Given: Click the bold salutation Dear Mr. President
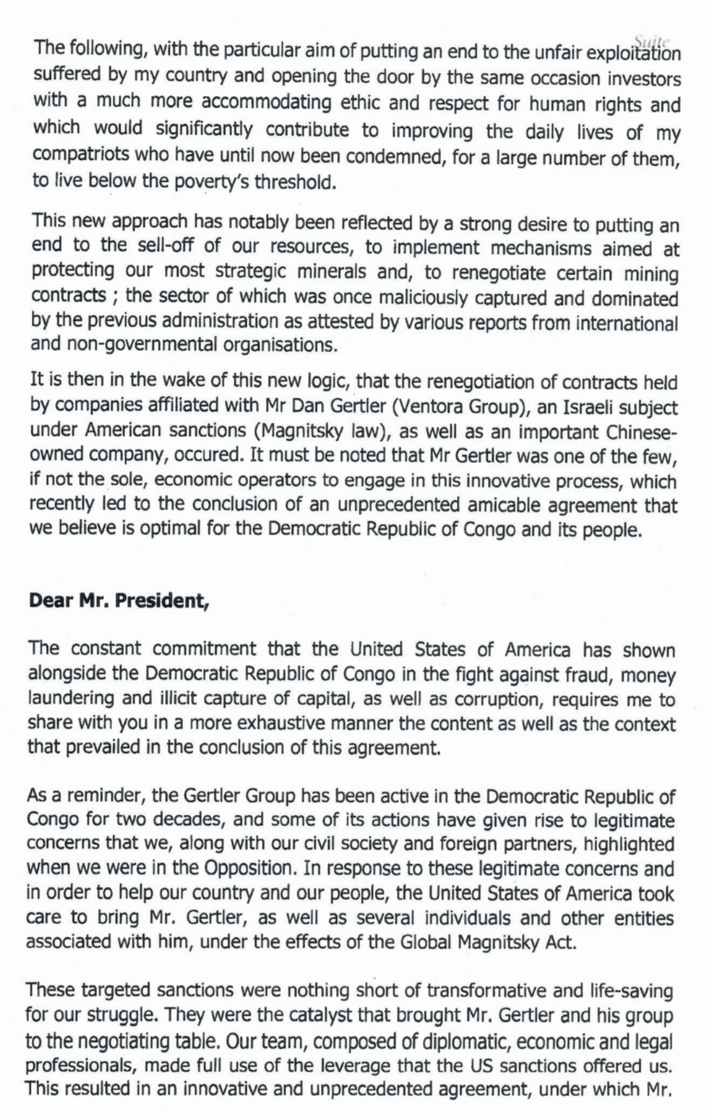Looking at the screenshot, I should [119, 601].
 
